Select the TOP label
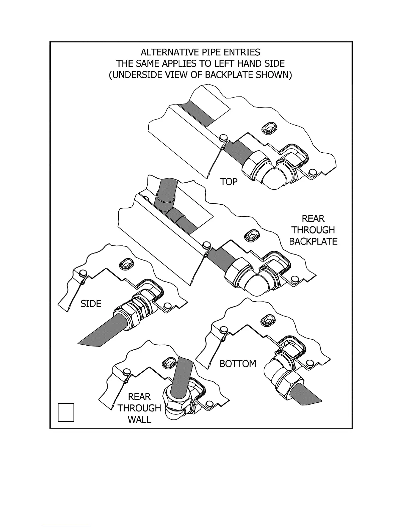coord(229,182)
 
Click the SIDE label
coord(91,304)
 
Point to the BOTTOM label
coord(238,364)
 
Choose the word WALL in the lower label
coord(139,419)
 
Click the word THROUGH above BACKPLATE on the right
coord(313,230)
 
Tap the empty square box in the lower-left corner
coord(66,412)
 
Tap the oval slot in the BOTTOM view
coord(269,319)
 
